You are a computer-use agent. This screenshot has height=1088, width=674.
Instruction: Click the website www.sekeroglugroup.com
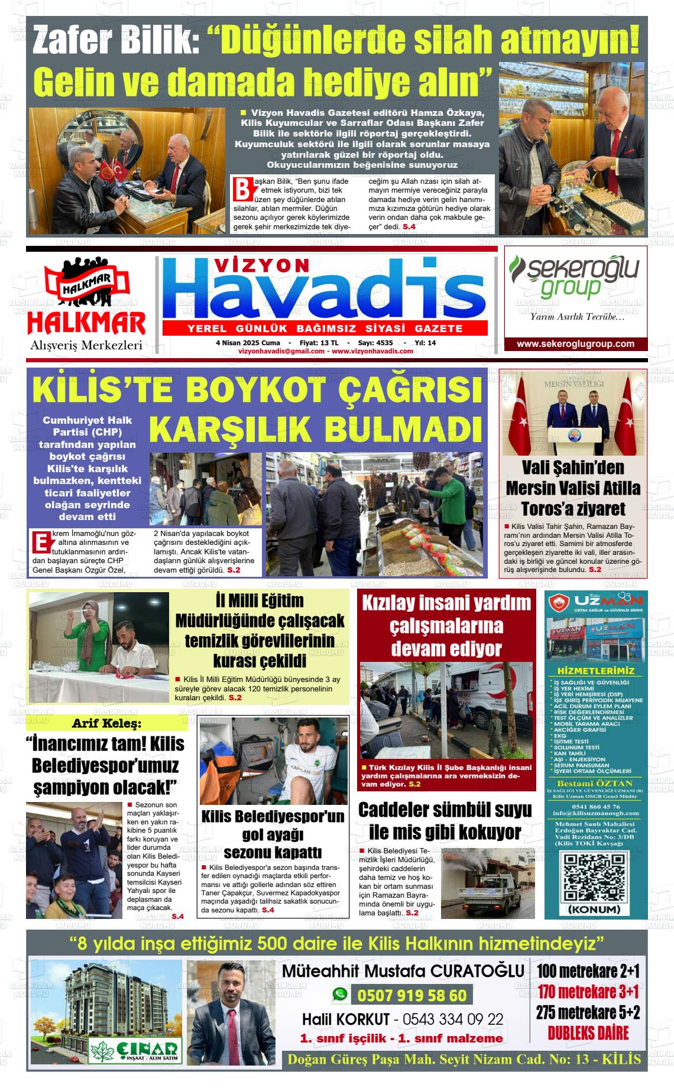(575, 344)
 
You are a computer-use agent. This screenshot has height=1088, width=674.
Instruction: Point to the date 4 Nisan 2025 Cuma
(248, 343)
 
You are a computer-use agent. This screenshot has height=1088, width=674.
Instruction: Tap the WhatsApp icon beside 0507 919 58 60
(339, 995)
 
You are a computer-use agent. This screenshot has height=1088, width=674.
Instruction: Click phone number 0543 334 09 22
(453, 1019)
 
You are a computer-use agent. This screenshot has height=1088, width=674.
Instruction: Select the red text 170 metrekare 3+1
(588, 991)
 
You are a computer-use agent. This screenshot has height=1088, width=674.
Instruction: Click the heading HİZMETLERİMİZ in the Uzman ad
(595, 671)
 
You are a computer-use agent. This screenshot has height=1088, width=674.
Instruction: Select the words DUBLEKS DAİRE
(588, 1032)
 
